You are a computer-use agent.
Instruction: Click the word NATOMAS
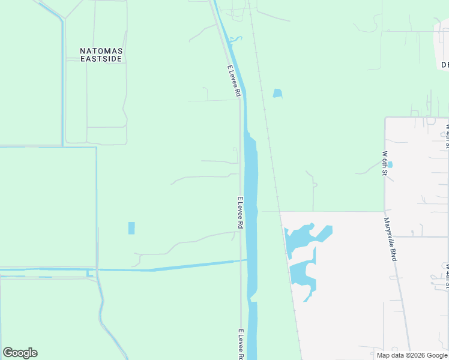(x=101, y=51)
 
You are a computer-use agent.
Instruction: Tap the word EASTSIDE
(x=101, y=59)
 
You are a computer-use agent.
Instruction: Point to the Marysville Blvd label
(x=390, y=239)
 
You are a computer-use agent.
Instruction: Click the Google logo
(x=20, y=353)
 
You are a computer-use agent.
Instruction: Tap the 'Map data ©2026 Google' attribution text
(x=412, y=355)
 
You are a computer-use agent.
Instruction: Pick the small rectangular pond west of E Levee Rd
(x=131, y=228)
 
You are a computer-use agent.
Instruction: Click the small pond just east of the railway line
(x=277, y=93)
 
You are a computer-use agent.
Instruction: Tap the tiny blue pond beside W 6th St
(x=390, y=164)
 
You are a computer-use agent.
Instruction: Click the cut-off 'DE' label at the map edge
(x=445, y=64)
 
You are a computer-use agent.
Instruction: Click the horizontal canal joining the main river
(x=180, y=266)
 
